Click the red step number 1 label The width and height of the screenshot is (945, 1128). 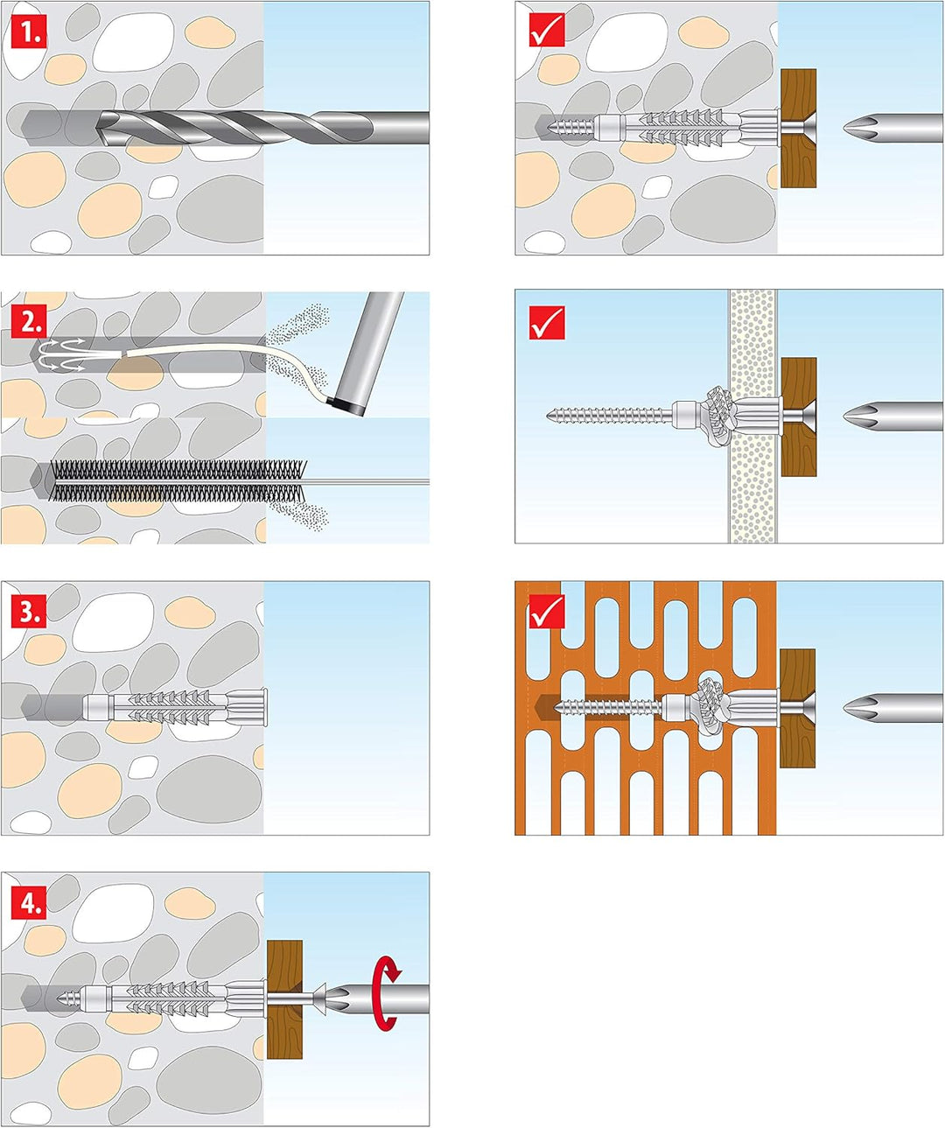pyautogui.click(x=29, y=33)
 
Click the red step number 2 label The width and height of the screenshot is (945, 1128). pyautogui.click(x=29, y=322)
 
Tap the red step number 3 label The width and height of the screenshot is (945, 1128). pyautogui.click(x=29, y=612)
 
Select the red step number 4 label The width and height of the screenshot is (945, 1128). pyautogui.click(x=29, y=902)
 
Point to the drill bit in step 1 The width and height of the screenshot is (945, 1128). pyautogui.click(x=262, y=128)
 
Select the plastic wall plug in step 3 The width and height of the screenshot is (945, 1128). pyautogui.click(x=175, y=705)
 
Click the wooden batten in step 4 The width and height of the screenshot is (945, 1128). pyautogui.click(x=284, y=999)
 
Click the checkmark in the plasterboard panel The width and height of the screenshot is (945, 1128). pyautogui.click(x=547, y=322)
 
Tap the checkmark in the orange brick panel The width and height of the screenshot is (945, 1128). pyautogui.click(x=547, y=612)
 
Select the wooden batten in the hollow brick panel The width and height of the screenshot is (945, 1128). pyautogui.click(x=797, y=707)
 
